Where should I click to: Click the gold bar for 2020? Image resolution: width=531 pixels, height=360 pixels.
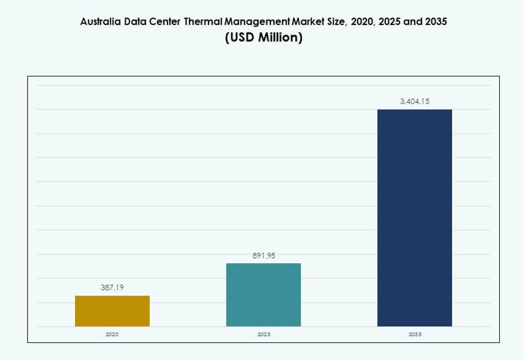[x=112, y=311]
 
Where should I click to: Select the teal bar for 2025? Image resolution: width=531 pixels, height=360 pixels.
[x=263, y=294]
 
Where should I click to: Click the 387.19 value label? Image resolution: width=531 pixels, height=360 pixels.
[x=112, y=287]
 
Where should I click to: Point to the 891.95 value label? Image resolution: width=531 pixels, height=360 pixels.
[x=263, y=255]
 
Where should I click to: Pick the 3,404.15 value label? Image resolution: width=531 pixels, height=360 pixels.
[x=415, y=101]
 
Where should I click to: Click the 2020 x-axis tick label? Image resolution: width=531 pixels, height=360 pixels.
[x=112, y=334]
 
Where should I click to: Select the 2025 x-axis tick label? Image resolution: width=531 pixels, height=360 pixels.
[x=263, y=334]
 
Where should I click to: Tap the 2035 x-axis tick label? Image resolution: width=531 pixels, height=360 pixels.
[x=415, y=334]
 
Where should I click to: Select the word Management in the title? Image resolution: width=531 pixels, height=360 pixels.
[x=257, y=22]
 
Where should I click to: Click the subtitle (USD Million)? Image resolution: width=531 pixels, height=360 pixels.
[x=263, y=38]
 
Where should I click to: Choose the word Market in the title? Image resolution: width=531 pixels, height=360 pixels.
[x=307, y=22]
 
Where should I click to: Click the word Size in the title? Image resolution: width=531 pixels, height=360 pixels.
[x=334, y=22]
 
